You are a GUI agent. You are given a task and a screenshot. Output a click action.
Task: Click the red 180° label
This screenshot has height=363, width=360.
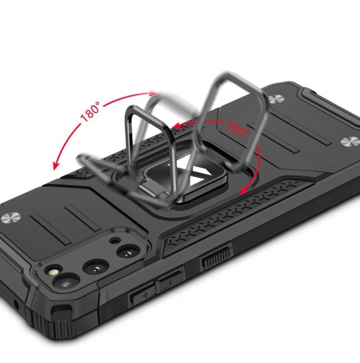90,112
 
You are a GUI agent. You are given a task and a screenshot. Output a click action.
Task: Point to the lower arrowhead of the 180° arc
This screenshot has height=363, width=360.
56,166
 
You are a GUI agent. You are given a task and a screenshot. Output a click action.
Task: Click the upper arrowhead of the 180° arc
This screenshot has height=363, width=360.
153,94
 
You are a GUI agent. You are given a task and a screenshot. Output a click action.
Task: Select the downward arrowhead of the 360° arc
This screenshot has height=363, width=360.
244,190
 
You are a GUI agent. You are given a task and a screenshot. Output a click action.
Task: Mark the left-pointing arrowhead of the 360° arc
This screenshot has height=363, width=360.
177,126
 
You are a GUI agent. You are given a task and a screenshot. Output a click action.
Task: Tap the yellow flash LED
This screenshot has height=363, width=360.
53,272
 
